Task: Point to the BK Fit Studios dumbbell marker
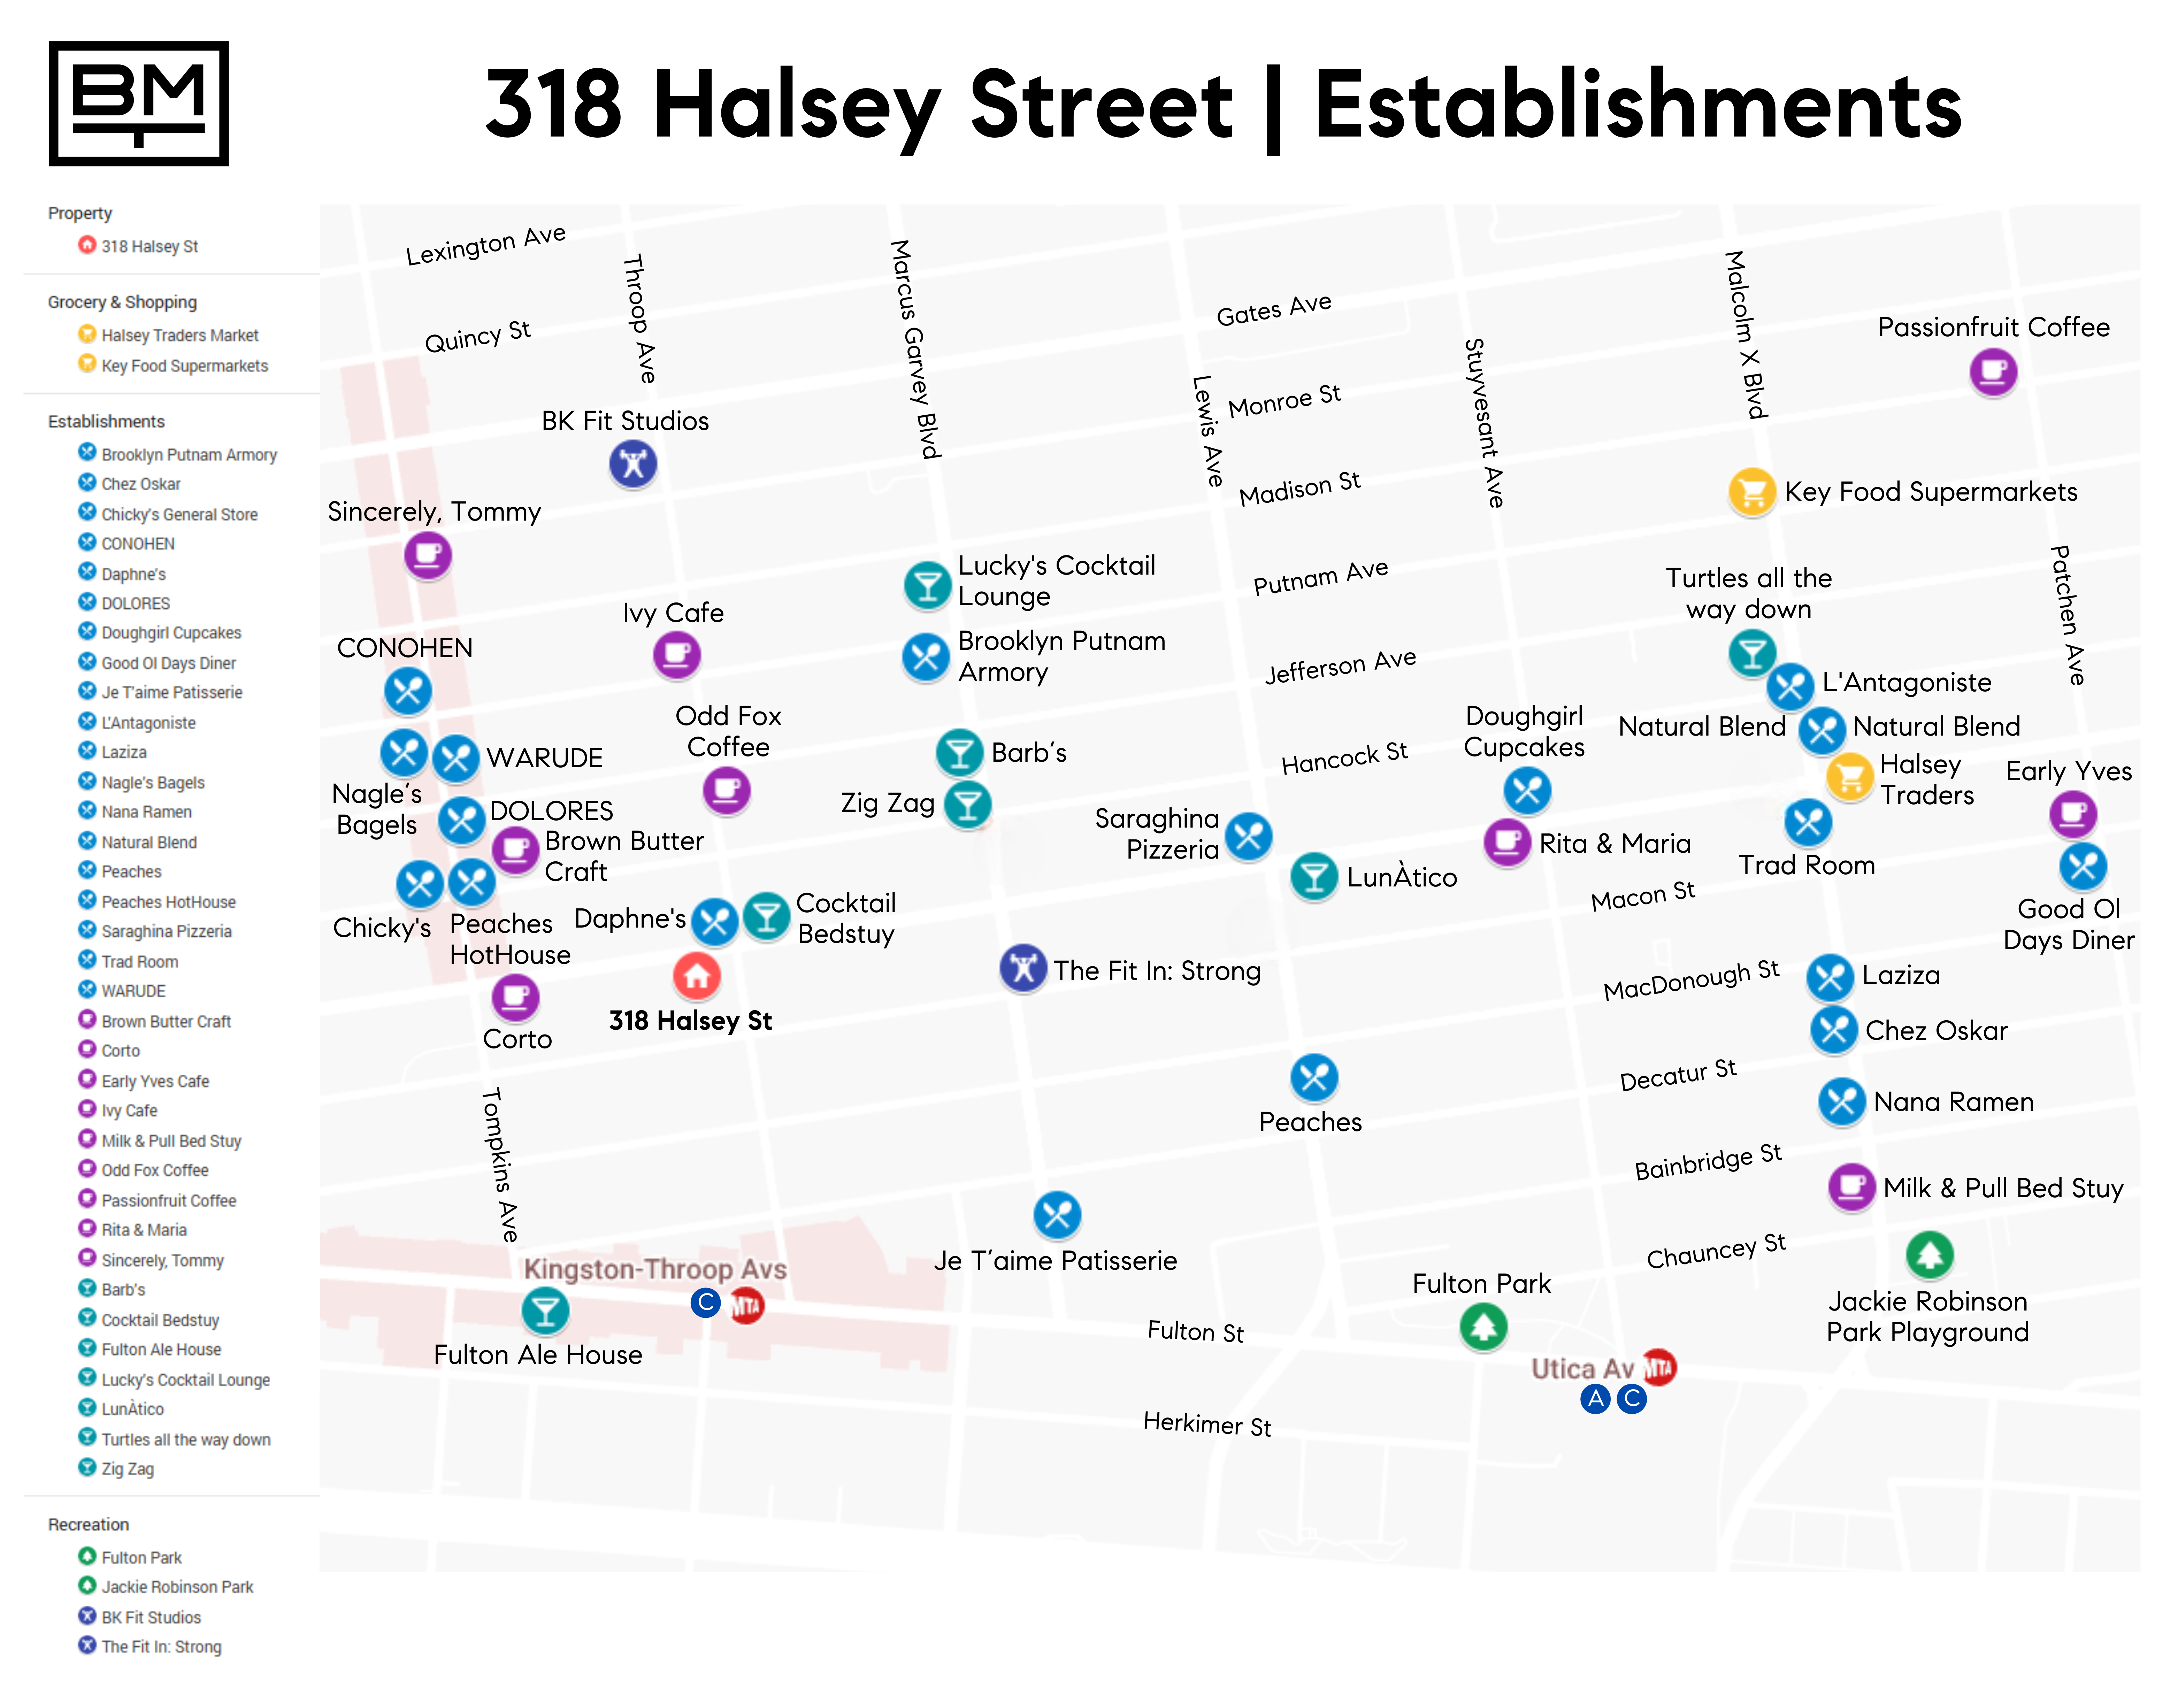(x=633, y=464)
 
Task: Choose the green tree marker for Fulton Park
(x=1483, y=1327)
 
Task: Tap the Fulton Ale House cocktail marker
(x=545, y=1310)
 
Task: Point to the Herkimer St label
(x=1207, y=1424)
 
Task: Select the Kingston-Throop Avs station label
(x=655, y=1269)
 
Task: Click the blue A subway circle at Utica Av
(x=1596, y=1399)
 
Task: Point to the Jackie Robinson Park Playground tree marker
(x=1929, y=1254)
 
